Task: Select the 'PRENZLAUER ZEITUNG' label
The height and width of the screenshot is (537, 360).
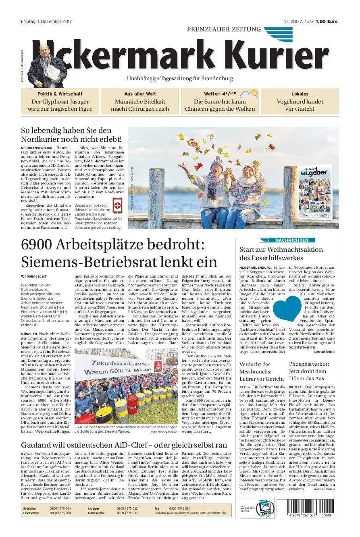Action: click(x=224, y=29)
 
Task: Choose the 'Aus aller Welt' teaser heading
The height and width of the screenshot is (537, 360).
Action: click(x=140, y=94)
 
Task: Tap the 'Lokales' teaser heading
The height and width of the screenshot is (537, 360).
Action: click(x=300, y=94)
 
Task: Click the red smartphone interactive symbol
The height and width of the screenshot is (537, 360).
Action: click(x=118, y=205)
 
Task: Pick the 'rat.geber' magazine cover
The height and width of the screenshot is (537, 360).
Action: click(x=315, y=194)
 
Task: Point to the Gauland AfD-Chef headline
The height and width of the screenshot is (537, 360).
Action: click(x=124, y=445)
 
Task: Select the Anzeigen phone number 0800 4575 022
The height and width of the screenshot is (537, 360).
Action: click(x=127, y=509)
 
